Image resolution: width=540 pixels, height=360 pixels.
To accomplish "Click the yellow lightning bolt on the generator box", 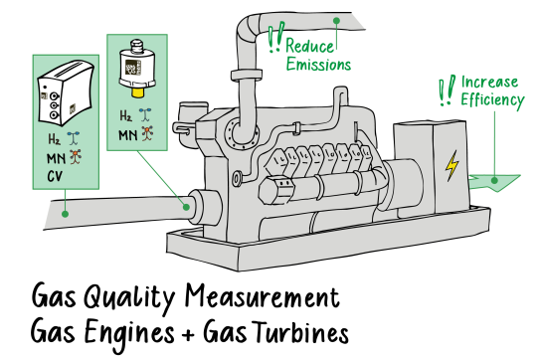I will click(x=452, y=165).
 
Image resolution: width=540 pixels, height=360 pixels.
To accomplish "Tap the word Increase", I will click(x=491, y=82).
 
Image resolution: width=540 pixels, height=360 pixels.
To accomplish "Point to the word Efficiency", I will click(x=491, y=100).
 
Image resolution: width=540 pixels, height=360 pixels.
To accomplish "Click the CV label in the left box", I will click(x=55, y=178).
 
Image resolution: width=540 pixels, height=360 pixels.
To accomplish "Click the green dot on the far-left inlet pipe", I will click(x=65, y=211).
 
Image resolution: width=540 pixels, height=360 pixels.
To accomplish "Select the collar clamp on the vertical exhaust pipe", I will click(x=245, y=75).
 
